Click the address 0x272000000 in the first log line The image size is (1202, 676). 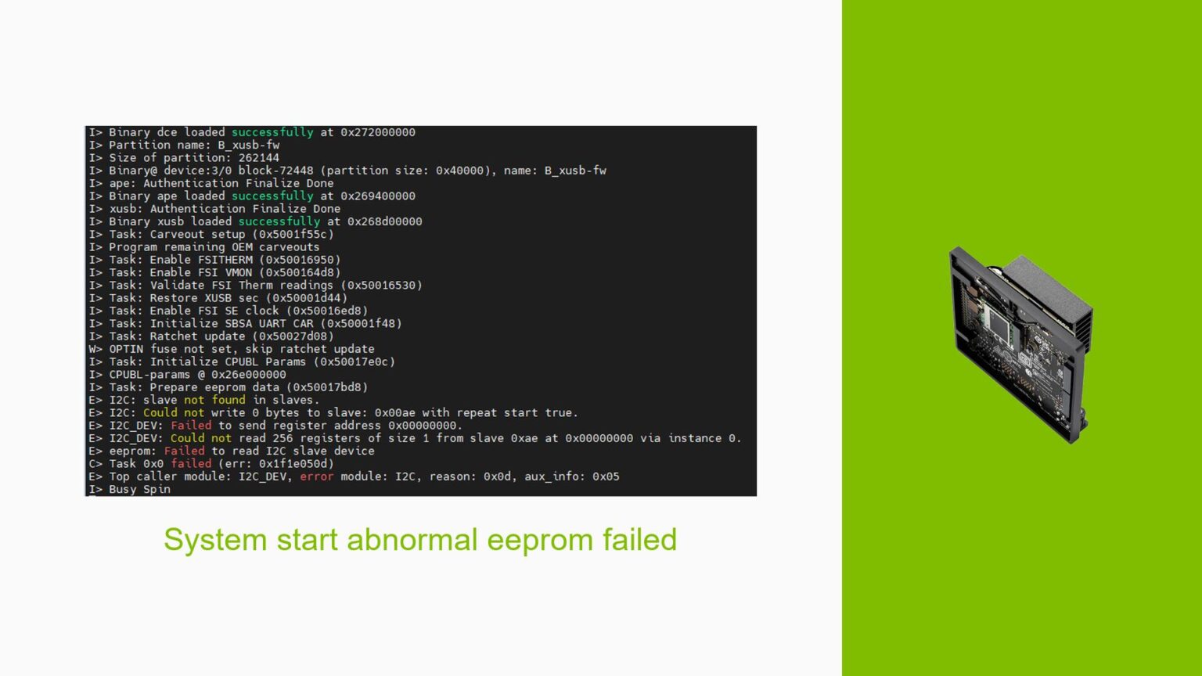pyautogui.click(x=378, y=132)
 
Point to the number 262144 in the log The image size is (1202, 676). pyautogui.click(x=258, y=158)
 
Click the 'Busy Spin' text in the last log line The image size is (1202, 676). pyautogui.click(x=139, y=489)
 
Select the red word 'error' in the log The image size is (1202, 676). pyautogui.click(x=316, y=476)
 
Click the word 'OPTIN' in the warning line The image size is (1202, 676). pyautogui.click(x=126, y=349)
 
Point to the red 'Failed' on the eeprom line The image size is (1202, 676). pyautogui.click(x=184, y=451)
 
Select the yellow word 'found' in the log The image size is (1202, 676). pyautogui.click(x=228, y=400)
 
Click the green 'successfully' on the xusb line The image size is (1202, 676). pyautogui.click(x=279, y=221)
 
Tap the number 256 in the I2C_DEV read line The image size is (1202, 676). pyautogui.click(x=283, y=438)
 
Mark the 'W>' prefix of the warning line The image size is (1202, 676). pyautogui.click(x=95, y=349)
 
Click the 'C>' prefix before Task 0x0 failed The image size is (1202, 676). pyautogui.click(x=95, y=464)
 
